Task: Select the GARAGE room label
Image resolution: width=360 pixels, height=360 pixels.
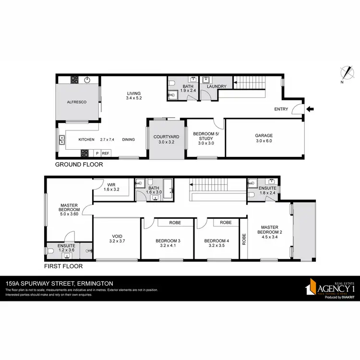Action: tap(264, 135)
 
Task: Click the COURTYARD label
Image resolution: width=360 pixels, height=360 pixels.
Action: tap(167, 137)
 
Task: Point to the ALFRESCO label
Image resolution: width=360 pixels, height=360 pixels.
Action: tap(76, 102)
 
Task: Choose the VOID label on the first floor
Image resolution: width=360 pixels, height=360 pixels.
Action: tap(117, 236)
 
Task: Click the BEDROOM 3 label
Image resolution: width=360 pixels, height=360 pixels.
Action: tap(168, 241)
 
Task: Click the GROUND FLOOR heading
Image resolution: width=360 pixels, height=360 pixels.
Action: tap(79, 164)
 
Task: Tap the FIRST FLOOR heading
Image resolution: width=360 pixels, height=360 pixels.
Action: tap(63, 266)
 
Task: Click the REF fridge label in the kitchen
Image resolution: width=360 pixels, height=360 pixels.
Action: tap(106, 153)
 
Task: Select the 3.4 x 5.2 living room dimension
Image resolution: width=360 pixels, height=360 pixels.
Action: tap(134, 98)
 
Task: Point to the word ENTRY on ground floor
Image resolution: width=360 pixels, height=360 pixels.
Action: tap(281, 109)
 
